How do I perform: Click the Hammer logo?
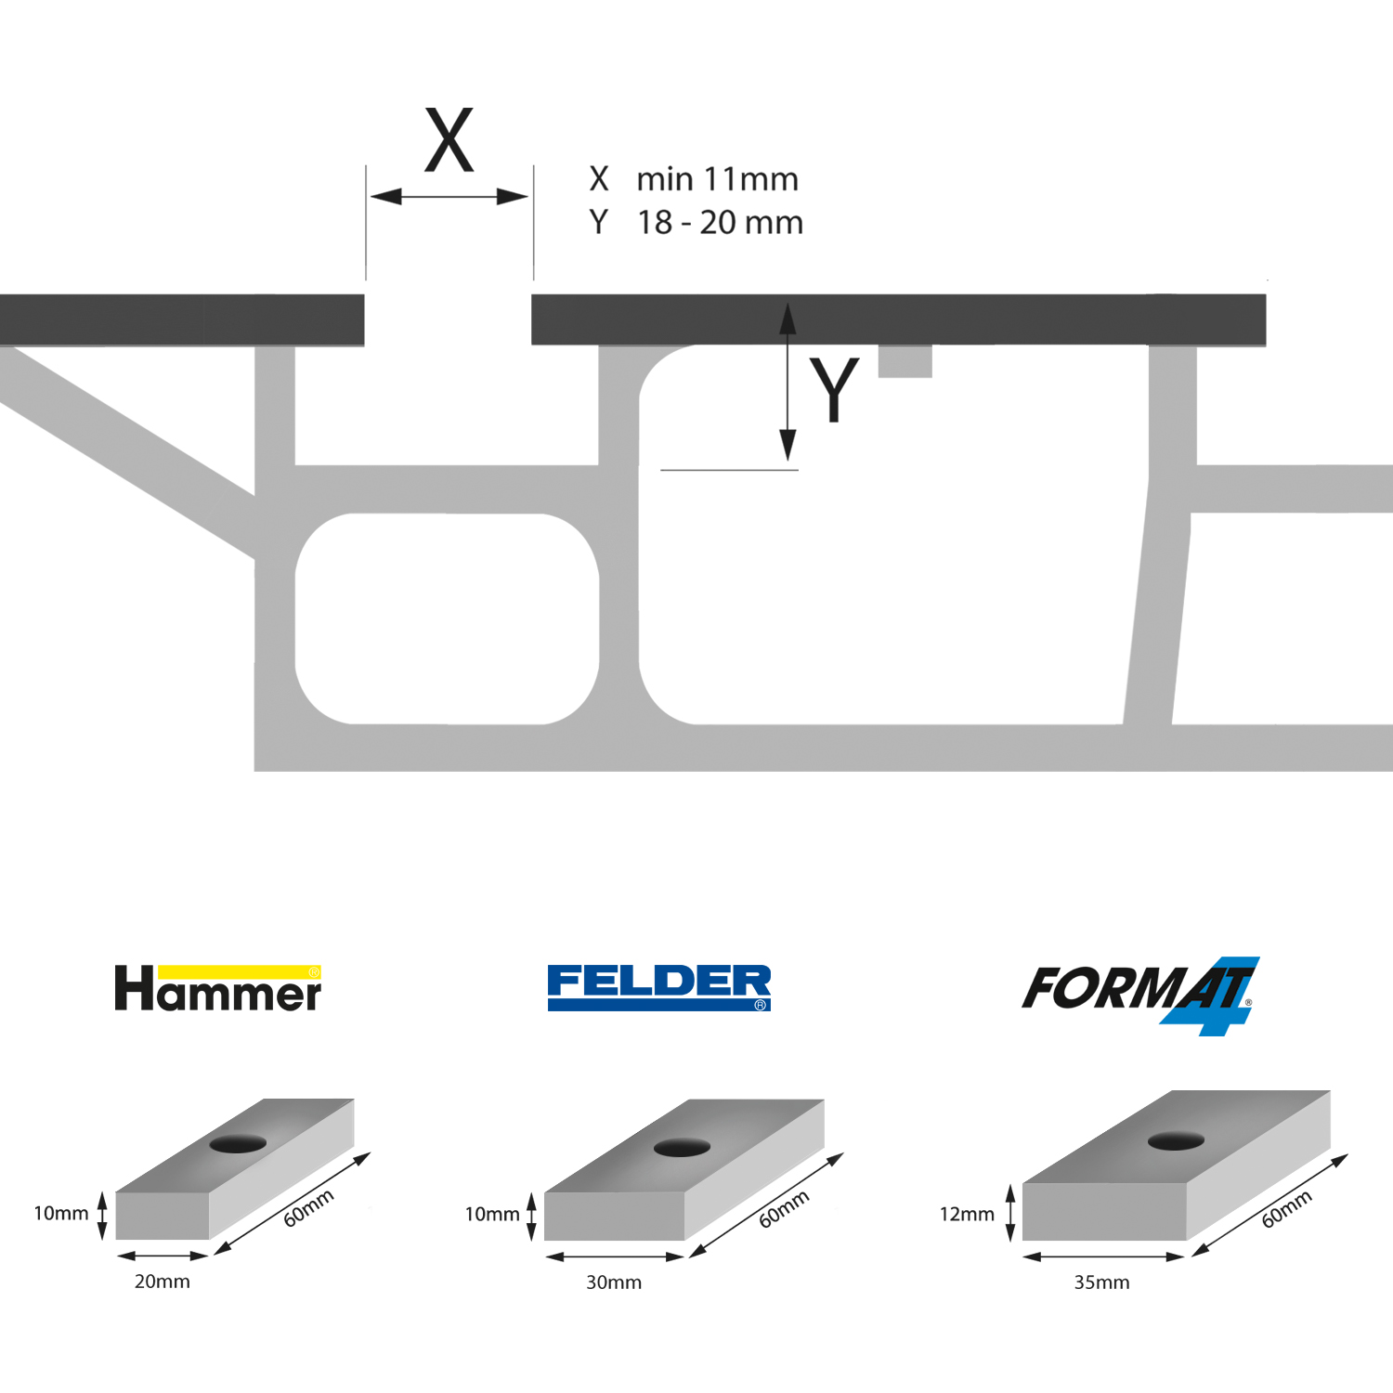[x=217, y=988]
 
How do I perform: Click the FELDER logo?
[x=659, y=987]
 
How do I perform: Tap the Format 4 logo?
[x=1141, y=995]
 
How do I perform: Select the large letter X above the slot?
[x=449, y=140]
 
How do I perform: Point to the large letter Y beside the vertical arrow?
[x=834, y=389]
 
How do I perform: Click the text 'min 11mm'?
[x=717, y=178]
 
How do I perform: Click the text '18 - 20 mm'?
[x=720, y=223]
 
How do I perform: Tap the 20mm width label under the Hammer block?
[x=163, y=1282]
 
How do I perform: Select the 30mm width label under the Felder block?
[x=614, y=1282]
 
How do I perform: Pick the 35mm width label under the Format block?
[x=1102, y=1282]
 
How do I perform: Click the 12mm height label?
[x=967, y=1214]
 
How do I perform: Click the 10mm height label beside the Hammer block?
[x=61, y=1213]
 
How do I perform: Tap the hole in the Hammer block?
[x=238, y=1143]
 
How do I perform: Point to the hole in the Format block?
[x=1176, y=1140]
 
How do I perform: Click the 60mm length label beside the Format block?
[x=1286, y=1208]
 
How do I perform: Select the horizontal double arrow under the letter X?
[x=449, y=197]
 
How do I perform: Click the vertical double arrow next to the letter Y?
[x=788, y=382]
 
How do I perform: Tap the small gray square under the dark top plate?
[x=905, y=361]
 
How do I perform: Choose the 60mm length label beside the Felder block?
[x=784, y=1208]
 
